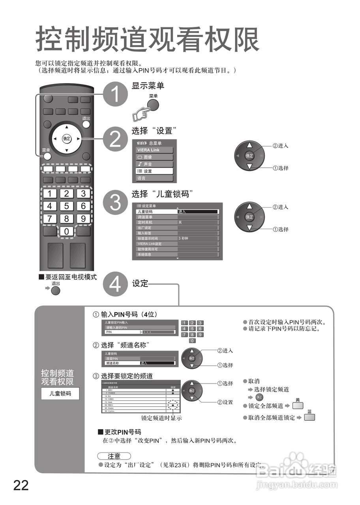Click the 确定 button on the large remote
point(66,138)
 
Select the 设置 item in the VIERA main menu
point(154,171)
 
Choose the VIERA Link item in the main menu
point(154,150)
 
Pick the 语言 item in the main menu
point(154,178)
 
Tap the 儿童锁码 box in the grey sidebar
point(60,393)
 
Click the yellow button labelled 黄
point(298,406)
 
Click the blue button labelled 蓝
point(309,417)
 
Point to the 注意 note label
point(114,456)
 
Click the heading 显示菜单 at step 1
point(148,86)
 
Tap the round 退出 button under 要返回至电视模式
point(56,291)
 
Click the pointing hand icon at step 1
point(141,114)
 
